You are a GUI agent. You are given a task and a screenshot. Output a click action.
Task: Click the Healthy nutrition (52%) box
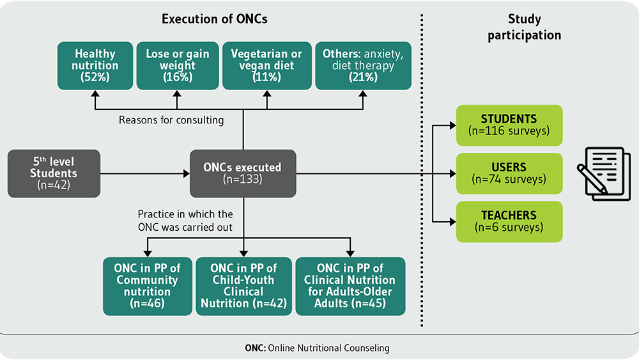pos(95,66)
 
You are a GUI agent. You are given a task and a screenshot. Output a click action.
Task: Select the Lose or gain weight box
pos(177,66)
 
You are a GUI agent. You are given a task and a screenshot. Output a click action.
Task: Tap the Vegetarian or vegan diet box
pos(267,66)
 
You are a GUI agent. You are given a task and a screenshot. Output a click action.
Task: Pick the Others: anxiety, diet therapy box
pos(363,66)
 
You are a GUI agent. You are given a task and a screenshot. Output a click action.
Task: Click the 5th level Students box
pos(54,174)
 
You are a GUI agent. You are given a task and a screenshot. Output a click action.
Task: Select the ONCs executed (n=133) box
pos(243,174)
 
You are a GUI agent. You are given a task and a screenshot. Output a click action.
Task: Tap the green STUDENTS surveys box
pos(509,125)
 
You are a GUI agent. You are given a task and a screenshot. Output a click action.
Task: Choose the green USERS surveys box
pos(509,173)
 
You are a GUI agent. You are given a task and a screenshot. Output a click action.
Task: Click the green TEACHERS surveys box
pos(509,222)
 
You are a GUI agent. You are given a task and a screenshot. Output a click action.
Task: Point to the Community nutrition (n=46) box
pos(148,286)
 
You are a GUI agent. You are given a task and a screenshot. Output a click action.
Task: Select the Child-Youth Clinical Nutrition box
pos(243,286)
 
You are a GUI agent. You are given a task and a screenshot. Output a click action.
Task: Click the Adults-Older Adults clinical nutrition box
pos(350,286)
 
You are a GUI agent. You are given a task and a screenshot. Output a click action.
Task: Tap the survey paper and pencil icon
pos(604,174)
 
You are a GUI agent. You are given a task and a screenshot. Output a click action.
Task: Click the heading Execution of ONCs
pos(214,19)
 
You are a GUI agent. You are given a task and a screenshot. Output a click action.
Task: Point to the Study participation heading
pos(525,27)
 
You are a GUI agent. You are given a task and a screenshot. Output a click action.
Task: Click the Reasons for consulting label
pos(171,120)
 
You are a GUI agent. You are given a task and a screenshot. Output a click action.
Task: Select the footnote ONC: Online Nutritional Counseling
pos(317,348)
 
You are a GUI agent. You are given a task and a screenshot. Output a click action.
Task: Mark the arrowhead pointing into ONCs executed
pos(187,174)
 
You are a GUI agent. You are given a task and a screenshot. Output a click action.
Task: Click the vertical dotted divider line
pos(422,171)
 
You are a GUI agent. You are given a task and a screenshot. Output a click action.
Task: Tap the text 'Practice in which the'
pos(185,214)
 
